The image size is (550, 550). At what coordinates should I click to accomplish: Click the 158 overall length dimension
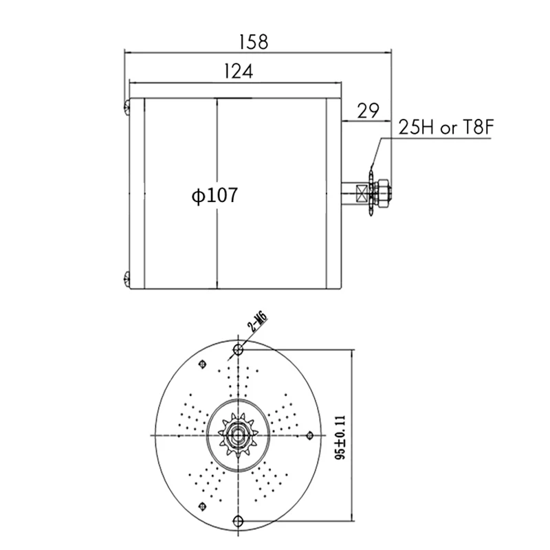coord(254,42)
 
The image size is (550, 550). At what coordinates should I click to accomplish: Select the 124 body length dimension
coord(238,71)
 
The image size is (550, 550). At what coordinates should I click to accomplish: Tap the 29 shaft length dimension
coord(368,111)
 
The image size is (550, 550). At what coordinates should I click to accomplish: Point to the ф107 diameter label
coord(214,195)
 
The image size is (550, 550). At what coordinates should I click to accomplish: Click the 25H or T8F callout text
coord(445,127)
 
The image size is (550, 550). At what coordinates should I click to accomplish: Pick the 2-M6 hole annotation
coord(257,322)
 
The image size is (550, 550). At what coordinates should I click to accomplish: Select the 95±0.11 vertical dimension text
coord(340,437)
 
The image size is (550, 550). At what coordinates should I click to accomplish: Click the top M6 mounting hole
coord(238,349)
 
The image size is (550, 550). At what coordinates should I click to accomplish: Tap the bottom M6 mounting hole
coord(238,520)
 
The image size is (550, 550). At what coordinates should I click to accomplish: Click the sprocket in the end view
coord(238,435)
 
